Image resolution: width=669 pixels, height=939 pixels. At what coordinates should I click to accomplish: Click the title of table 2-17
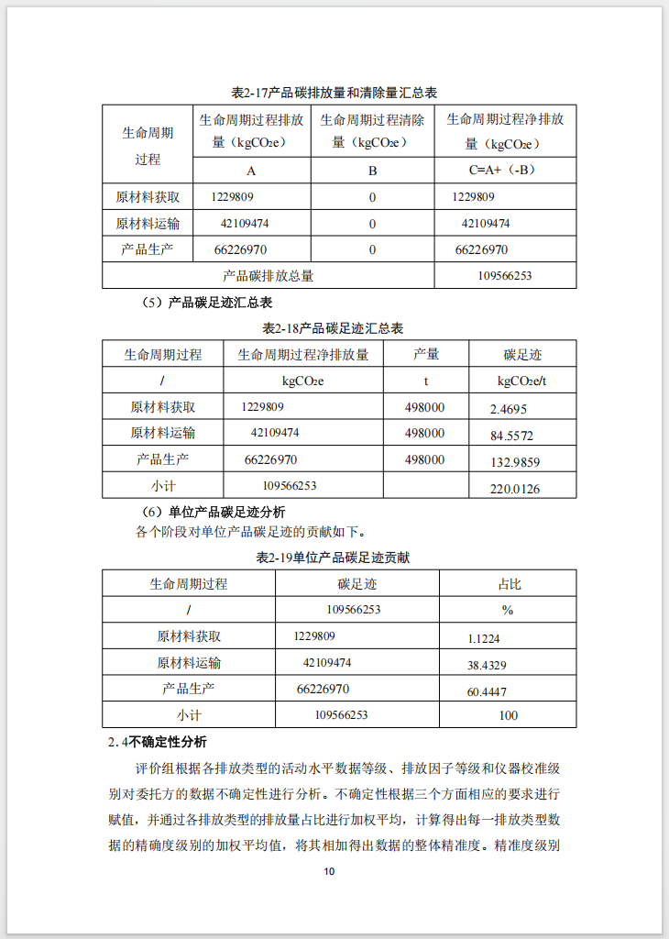(x=334, y=93)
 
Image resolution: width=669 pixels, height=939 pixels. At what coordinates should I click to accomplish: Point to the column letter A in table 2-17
(x=251, y=171)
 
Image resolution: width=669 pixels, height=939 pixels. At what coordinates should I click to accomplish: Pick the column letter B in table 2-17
(x=372, y=171)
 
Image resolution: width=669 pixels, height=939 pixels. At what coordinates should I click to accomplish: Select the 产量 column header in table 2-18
(x=425, y=354)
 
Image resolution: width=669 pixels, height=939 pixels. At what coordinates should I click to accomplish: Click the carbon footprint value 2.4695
(x=509, y=409)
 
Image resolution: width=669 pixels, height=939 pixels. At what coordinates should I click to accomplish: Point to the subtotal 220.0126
(x=514, y=489)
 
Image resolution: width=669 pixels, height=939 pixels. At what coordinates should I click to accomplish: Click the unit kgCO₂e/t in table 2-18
(x=522, y=381)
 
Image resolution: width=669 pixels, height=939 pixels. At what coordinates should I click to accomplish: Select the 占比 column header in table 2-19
(x=509, y=583)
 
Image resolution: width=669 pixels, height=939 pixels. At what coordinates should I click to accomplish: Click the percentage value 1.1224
(x=483, y=638)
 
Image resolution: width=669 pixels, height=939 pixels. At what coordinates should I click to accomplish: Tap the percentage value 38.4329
(x=487, y=665)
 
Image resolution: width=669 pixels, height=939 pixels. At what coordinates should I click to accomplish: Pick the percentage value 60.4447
(x=487, y=691)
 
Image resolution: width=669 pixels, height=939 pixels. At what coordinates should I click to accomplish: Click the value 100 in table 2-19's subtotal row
(x=508, y=715)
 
